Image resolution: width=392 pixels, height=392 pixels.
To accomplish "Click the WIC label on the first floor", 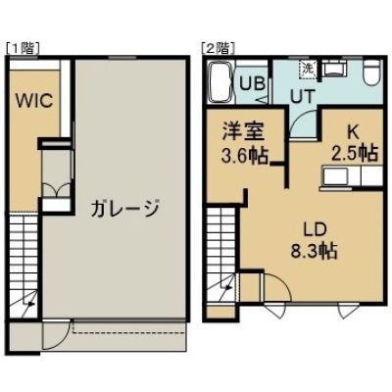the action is [35, 101].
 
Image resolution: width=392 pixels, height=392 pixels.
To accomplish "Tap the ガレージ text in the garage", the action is [125, 208].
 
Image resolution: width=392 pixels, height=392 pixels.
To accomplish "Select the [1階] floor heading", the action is [24, 48].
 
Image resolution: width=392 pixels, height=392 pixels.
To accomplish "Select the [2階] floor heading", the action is [219, 48].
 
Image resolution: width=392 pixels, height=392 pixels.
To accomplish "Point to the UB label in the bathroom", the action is [252, 83].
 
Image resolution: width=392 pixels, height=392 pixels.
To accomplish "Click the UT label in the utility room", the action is [303, 97].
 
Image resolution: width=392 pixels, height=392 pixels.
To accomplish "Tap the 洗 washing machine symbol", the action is [308, 70].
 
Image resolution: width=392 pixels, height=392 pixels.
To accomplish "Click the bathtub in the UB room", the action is [221, 83].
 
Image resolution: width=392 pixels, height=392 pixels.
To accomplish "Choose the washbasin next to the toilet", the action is [334, 69].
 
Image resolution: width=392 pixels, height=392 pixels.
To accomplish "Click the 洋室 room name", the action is [243, 131].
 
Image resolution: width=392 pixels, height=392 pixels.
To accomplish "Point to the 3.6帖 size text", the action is [245, 155].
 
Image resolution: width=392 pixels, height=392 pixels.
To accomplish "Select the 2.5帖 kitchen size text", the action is [356, 152].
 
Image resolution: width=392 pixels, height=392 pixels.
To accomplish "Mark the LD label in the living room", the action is [315, 230].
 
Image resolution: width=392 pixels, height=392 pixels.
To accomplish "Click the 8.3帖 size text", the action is [315, 251].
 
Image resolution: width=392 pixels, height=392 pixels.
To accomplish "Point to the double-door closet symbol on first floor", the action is [56, 189].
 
